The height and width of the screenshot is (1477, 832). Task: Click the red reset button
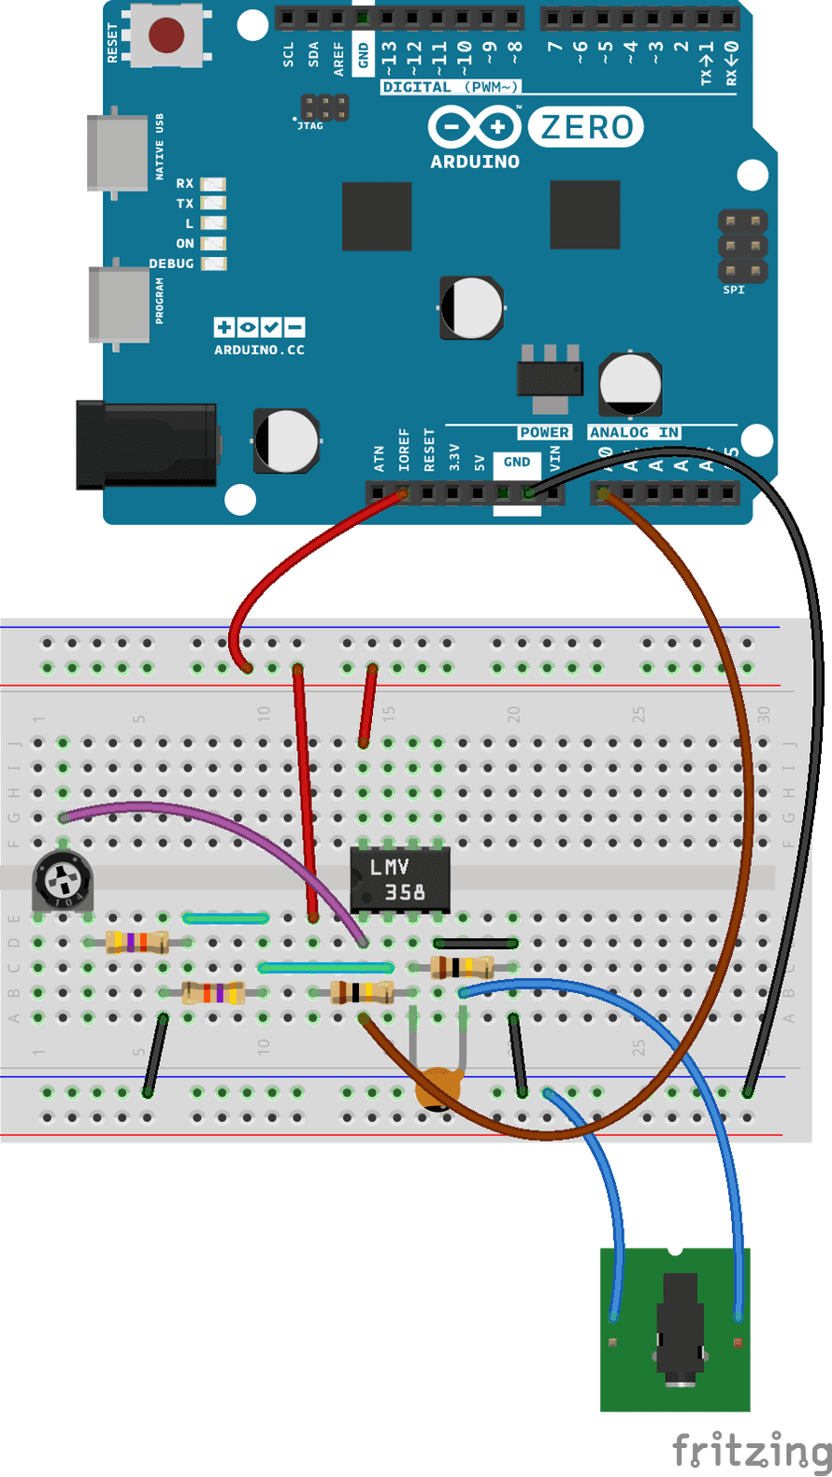[x=165, y=36]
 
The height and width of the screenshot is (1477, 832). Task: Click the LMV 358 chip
[x=399, y=879]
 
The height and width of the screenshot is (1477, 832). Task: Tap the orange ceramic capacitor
[x=438, y=1086]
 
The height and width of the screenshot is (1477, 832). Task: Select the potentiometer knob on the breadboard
[x=63, y=880]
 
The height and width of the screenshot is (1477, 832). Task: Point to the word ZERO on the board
[x=586, y=127]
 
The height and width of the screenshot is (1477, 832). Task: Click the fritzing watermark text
[x=751, y=1451]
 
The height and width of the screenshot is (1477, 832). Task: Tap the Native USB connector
[x=118, y=152]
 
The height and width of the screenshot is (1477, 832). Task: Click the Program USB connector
[x=119, y=305]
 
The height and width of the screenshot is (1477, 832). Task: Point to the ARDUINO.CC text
[x=259, y=350]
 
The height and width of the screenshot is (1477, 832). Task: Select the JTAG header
[x=324, y=107]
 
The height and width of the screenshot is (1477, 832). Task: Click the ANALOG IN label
[x=634, y=433]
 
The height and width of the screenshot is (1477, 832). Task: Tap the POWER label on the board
[x=544, y=433]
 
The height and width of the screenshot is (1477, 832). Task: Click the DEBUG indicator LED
[x=214, y=263]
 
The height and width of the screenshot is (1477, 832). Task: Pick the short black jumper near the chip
[x=475, y=943]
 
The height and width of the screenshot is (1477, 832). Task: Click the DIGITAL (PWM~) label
[x=451, y=87]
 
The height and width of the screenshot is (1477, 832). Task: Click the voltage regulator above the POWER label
[x=550, y=378]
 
